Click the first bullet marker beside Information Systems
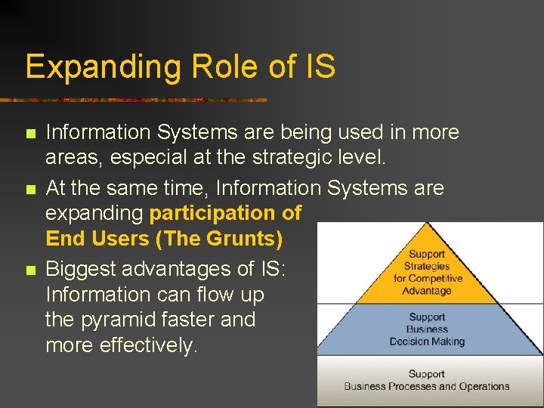pyautogui.click(x=30, y=134)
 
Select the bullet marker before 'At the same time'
pyautogui.click(x=30, y=188)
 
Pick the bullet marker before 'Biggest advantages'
pyautogui.click(x=30, y=270)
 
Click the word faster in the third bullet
pyautogui.click(x=193, y=320)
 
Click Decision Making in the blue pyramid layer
pyautogui.click(x=427, y=342)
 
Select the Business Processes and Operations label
pyautogui.click(x=427, y=386)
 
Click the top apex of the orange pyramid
pyautogui.click(x=428, y=224)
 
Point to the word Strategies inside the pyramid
pyautogui.click(x=427, y=267)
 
